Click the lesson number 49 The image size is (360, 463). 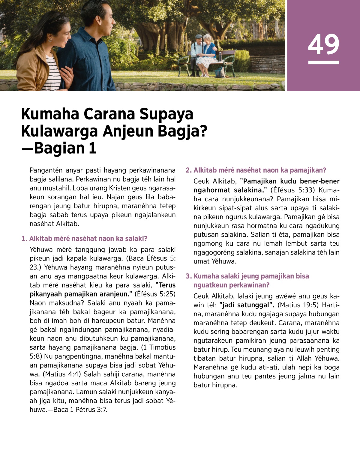[323, 44]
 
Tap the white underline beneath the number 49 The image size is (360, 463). [323, 63]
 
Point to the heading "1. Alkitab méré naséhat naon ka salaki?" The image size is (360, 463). [85, 239]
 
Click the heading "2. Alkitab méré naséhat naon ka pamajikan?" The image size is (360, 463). [256, 170]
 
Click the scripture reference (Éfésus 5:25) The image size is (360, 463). [154, 294]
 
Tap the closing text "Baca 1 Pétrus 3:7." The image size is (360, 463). [80, 410]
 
